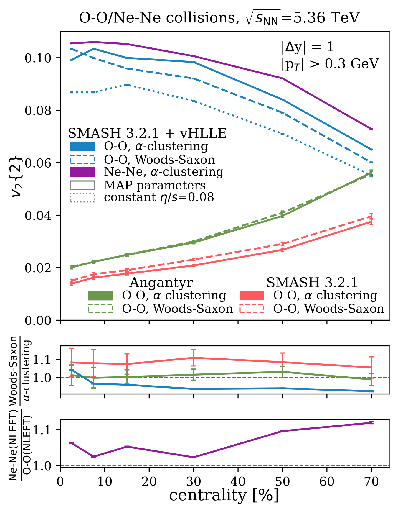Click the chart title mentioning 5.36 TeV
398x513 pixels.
(x=219, y=18)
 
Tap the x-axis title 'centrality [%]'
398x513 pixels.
(x=224, y=495)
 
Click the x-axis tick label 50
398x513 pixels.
(x=283, y=481)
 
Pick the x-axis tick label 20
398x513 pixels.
(x=149, y=481)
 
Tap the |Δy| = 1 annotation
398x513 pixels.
(x=308, y=47)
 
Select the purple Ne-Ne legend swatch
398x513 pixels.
(x=82, y=172)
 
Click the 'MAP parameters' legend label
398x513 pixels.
(x=155, y=185)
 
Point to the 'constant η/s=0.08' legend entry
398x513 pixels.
(x=159, y=197)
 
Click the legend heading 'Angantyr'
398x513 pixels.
(x=161, y=283)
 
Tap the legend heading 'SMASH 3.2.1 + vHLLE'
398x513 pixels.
(x=147, y=133)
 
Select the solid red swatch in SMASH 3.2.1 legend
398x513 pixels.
(x=252, y=296)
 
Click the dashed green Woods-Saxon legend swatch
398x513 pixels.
(x=100, y=309)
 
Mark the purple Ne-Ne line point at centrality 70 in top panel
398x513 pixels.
(x=371, y=129)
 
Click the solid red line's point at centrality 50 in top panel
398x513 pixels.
(x=283, y=250)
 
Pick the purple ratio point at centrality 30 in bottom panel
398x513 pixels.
(x=194, y=457)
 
